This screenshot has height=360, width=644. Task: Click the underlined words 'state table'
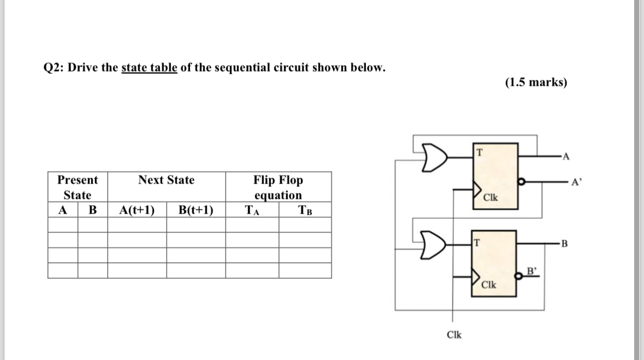(x=149, y=68)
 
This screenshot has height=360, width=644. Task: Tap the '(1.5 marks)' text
(x=536, y=82)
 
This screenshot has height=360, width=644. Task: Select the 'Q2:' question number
(x=54, y=68)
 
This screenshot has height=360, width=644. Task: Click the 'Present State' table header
(x=77, y=187)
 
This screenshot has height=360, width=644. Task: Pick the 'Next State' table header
(x=166, y=180)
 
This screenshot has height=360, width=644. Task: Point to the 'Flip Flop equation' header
(x=277, y=187)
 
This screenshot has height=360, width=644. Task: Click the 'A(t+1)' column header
(x=137, y=210)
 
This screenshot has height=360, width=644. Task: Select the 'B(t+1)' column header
(x=196, y=210)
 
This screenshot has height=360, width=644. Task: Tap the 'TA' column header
(x=252, y=210)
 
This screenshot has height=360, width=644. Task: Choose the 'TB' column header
(x=305, y=210)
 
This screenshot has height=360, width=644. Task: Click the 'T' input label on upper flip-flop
(x=479, y=151)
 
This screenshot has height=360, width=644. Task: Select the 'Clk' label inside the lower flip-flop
(x=489, y=286)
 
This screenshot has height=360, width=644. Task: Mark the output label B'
(x=531, y=269)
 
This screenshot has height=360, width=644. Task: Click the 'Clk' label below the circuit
(x=453, y=334)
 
